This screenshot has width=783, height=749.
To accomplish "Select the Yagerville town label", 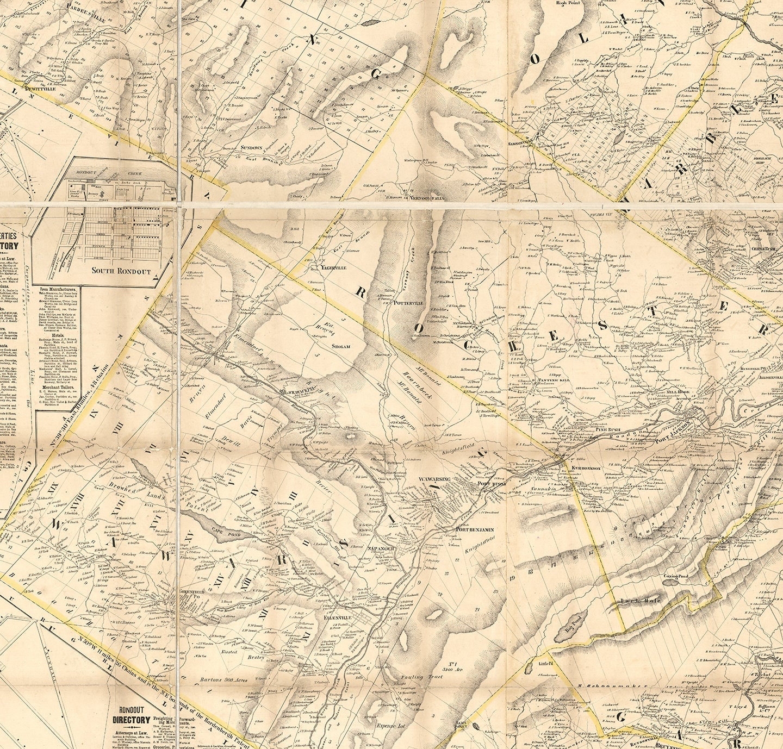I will pos(333,267).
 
